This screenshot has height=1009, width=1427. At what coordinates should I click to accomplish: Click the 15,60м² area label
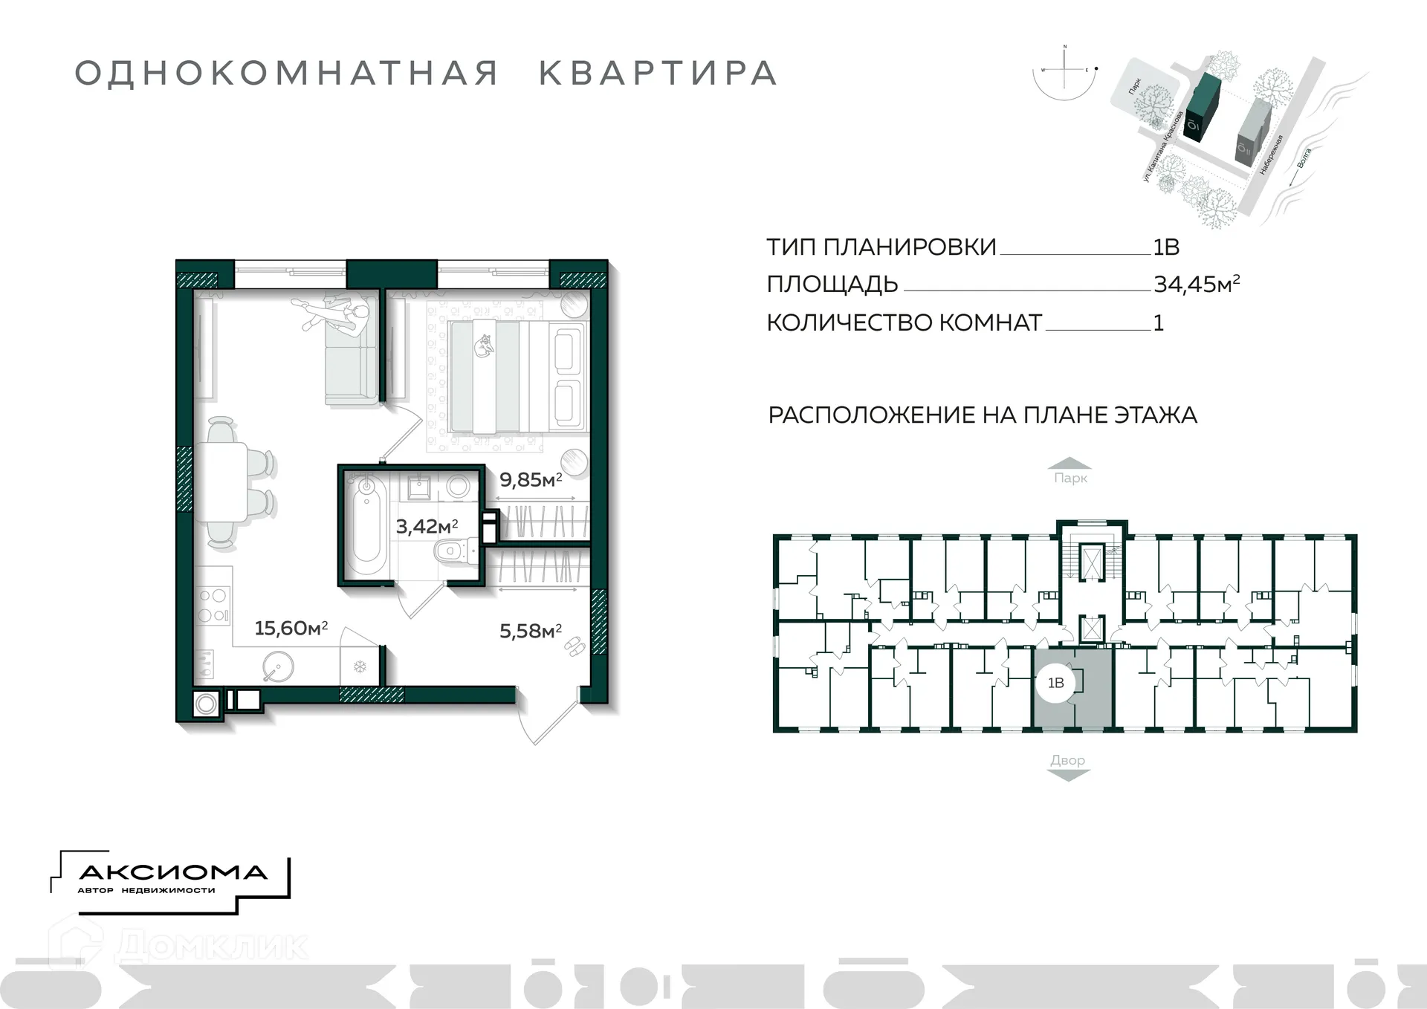click(291, 629)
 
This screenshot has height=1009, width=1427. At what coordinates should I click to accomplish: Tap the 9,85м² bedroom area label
click(530, 480)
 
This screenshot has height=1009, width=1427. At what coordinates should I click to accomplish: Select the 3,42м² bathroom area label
click(427, 527)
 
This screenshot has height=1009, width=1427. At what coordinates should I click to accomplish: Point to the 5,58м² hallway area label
click(530, 632)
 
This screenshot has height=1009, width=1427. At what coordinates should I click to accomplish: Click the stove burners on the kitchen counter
click(213, 606)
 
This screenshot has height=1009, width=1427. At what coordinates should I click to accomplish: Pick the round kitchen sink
click(279, 666)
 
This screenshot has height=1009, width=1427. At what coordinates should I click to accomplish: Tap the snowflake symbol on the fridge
click(360, 666)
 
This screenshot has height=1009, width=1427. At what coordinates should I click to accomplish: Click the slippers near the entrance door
click(574, 647)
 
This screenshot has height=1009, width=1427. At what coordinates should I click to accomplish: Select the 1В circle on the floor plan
click(1055, 683)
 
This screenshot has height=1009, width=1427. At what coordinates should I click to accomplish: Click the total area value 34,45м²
click(1196, 284)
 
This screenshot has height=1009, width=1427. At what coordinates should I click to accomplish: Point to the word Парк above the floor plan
click(1070, 478)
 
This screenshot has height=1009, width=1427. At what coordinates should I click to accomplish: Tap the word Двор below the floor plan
click(1067, 760)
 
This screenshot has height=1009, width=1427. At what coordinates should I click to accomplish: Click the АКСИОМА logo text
click(172, 872)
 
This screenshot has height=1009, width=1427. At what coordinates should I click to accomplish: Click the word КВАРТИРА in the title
click(658, 74)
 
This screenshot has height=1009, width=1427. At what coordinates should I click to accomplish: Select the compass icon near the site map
click(1065, 72)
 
